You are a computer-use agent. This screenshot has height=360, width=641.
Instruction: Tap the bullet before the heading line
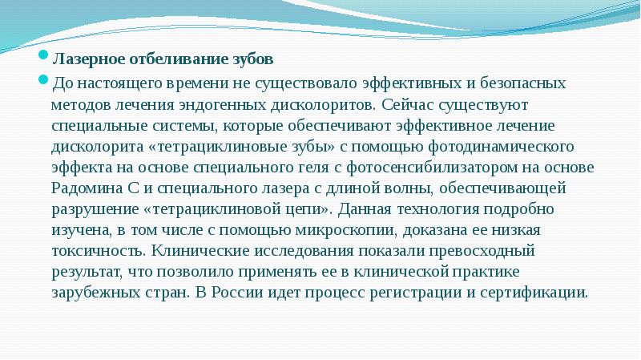46,58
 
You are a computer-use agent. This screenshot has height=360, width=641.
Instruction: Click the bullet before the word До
46,82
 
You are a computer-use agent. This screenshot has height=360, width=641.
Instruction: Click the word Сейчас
411,104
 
